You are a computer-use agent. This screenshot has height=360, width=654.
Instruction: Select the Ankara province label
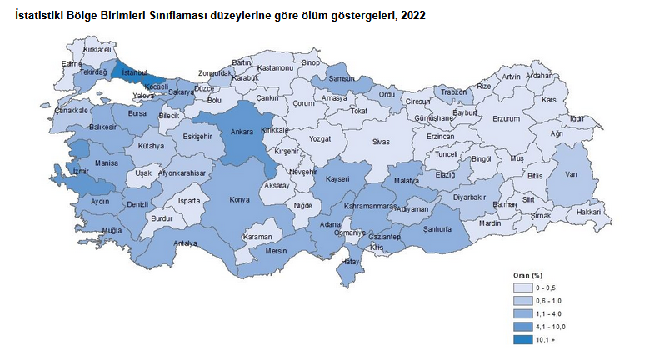242,132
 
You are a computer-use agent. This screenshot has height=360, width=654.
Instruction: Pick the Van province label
572,174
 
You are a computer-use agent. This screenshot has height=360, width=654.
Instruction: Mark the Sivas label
381,142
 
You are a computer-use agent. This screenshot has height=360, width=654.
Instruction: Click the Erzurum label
506,119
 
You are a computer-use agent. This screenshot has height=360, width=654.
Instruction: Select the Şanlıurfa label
437,229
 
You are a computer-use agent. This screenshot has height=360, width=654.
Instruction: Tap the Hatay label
350,262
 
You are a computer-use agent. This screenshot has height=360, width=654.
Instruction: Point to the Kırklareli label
97,50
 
